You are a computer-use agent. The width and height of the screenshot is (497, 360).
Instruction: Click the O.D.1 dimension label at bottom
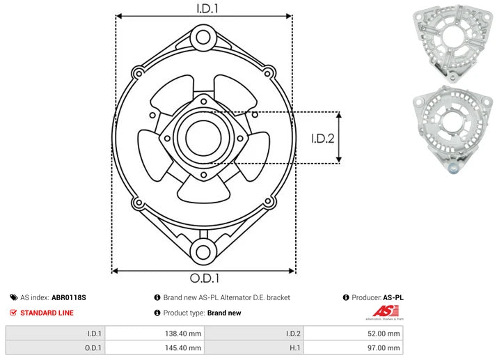(x=203, y=279)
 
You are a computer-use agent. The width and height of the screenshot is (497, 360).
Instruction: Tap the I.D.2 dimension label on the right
(x=323, y=138)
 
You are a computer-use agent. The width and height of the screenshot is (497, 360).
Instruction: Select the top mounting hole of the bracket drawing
(x=203, y=36)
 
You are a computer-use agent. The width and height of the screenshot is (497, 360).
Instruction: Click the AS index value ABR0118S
(x=69, y=297)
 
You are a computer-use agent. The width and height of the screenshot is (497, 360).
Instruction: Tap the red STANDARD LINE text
(x=47, y=313)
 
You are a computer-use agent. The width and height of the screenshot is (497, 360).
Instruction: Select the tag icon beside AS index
(x=13, y=297)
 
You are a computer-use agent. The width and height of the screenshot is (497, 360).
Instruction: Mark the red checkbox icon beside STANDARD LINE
(x=13, y=313)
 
